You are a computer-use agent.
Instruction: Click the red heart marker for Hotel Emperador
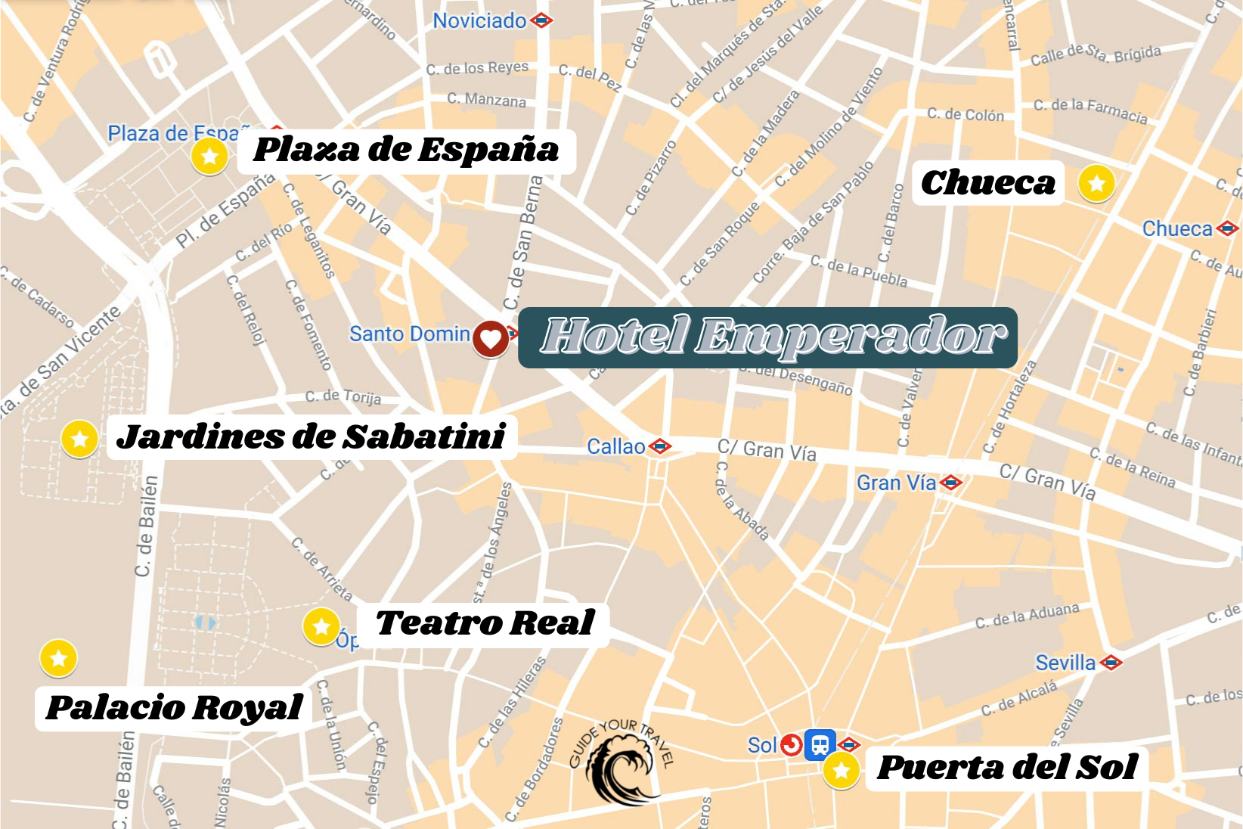pyautogui.click(x=491, y=338)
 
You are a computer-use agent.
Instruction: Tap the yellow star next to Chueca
pyautogui.click(x=1096, y=184)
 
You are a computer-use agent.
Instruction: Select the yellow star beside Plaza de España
pyautogui.click(x=209, y=157)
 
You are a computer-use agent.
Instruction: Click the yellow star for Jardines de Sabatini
pyautogui.click(x=79, y=439)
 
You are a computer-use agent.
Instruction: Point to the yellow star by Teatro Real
pyautogui.click(x=321, y=626)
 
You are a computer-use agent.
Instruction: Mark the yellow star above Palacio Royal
pyautogui.click(x=58, y=658)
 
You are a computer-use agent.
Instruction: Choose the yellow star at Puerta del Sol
pyautogui.click(x=841, y=771)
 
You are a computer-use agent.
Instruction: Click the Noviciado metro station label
pyautogui.click(x=479, y=20)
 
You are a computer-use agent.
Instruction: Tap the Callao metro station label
pyautogui.click(x=616, y=446)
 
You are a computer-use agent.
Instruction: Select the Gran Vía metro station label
pyautogui.click(x=896, y=483)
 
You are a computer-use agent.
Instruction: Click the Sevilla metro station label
pyautogui.click(x=1065, y=663)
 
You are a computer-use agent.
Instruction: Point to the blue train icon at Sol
pyautogui.click(x=820, y=744)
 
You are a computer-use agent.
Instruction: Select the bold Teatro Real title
pyautogui.click(x=485, y=623)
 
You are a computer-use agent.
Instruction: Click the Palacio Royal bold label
pyautogui.click(x=174, y=708)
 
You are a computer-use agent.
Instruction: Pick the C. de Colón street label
pyautogui.click(x=966, y=115)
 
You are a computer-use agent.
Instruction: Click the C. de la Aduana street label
pyautogui.click(x=1027, y=616)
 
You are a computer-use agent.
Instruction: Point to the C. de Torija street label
pyautogui.click(x=343, y=396)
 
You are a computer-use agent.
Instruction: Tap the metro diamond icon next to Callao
pyautogui.click(x=660, y=447)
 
